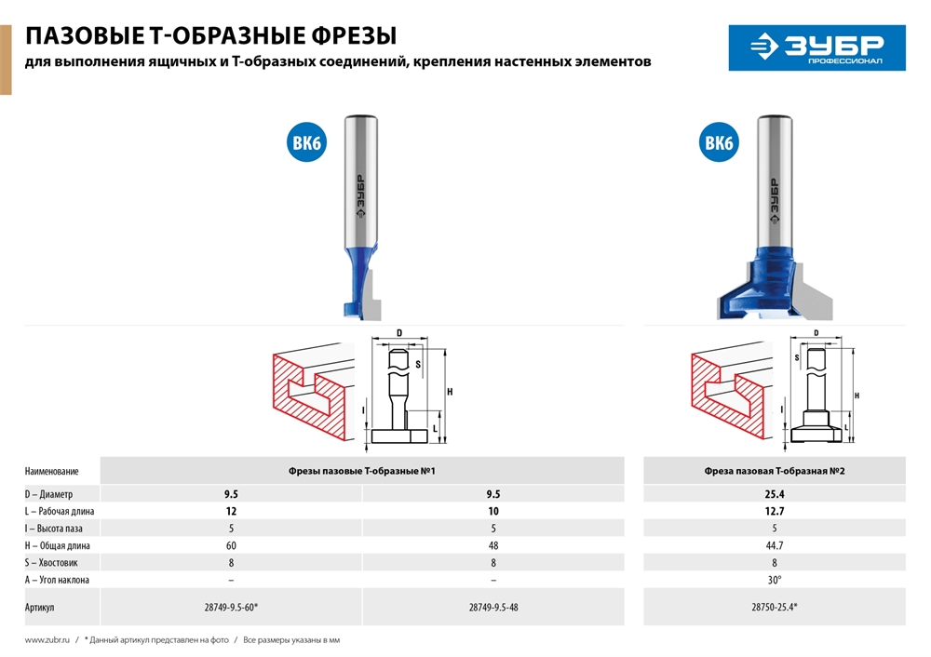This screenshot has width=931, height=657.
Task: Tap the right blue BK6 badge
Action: (x=719, y=142)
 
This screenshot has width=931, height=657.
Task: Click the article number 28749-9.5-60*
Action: (x=231, y=607)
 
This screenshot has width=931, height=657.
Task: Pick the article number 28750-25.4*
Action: (x=774, y=607)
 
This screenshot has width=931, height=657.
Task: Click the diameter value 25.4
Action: (x=774, y=494)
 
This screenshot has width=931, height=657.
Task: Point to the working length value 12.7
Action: (x=774, y=511)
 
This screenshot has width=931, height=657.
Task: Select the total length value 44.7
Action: (x=774, y=545)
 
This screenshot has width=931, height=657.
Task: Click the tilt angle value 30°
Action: (x=774, y=579)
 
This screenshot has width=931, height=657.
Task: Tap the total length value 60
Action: (x=231, y=545)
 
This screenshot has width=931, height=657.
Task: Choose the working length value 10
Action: (x=492, y=511)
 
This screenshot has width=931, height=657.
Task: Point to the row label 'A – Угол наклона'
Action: (x=58, y=579)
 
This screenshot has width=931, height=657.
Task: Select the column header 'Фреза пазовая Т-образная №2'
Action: (x=774, y=471)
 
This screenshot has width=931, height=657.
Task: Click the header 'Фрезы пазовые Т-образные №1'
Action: (x=362, y=471)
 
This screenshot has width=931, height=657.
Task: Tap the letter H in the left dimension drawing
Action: (x=450, y=392)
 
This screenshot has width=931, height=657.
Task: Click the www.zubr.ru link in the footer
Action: (x=47, y=640)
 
